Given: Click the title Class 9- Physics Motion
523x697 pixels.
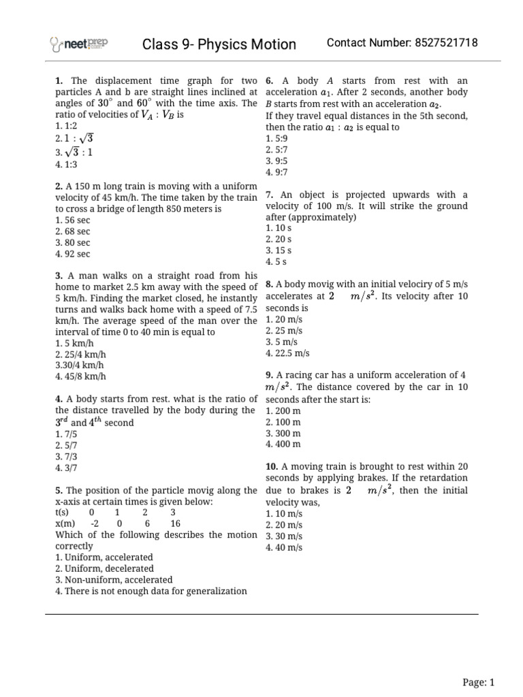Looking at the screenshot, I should tap(219, 44).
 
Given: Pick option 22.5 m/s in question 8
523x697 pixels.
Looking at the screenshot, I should tap(287, 353).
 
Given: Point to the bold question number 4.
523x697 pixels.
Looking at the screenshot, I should tap(59, 399).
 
